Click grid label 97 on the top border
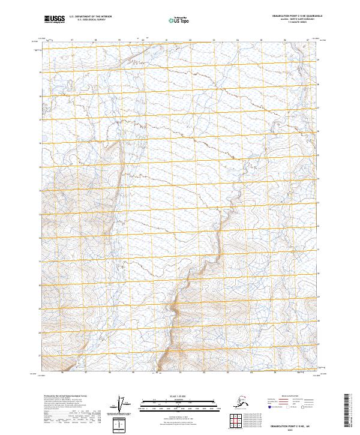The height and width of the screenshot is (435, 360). pos(71,41)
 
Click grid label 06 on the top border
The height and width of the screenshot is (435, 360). pos(284,41)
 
